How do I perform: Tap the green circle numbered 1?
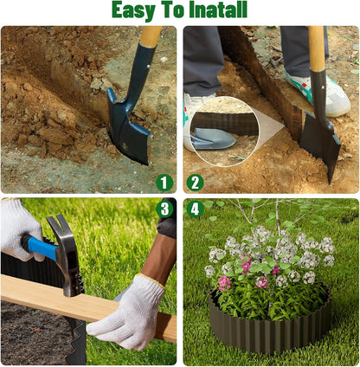[x=164, y=183]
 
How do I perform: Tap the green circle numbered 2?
[x=195, y=183]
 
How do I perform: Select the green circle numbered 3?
[x=164, y=209]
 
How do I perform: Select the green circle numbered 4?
[x=195, y=209]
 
